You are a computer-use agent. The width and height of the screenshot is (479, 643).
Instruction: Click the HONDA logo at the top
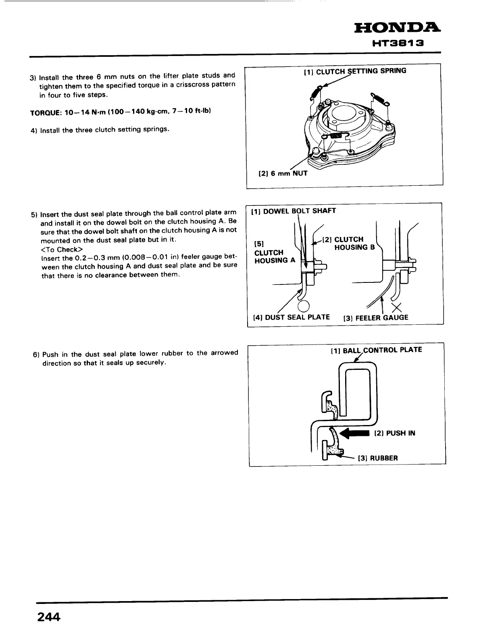pos(397,29)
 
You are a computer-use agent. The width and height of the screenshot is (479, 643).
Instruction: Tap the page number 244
pos(48,617)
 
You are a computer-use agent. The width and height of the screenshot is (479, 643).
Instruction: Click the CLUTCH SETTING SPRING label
pos(355,71)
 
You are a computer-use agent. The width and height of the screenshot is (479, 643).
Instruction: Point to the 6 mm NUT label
pos(283,174)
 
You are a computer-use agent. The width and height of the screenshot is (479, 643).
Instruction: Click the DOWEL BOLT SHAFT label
pos(294,211)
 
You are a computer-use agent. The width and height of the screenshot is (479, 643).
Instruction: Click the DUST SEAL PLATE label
pos(291,317)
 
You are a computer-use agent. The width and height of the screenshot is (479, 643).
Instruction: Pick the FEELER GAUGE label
pos(375,318)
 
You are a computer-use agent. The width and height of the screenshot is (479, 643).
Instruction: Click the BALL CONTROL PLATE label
pos(376,350)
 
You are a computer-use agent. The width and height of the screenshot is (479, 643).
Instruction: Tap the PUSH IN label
pos(395,434)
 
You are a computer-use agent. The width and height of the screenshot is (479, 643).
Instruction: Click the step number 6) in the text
pos(35,355)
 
